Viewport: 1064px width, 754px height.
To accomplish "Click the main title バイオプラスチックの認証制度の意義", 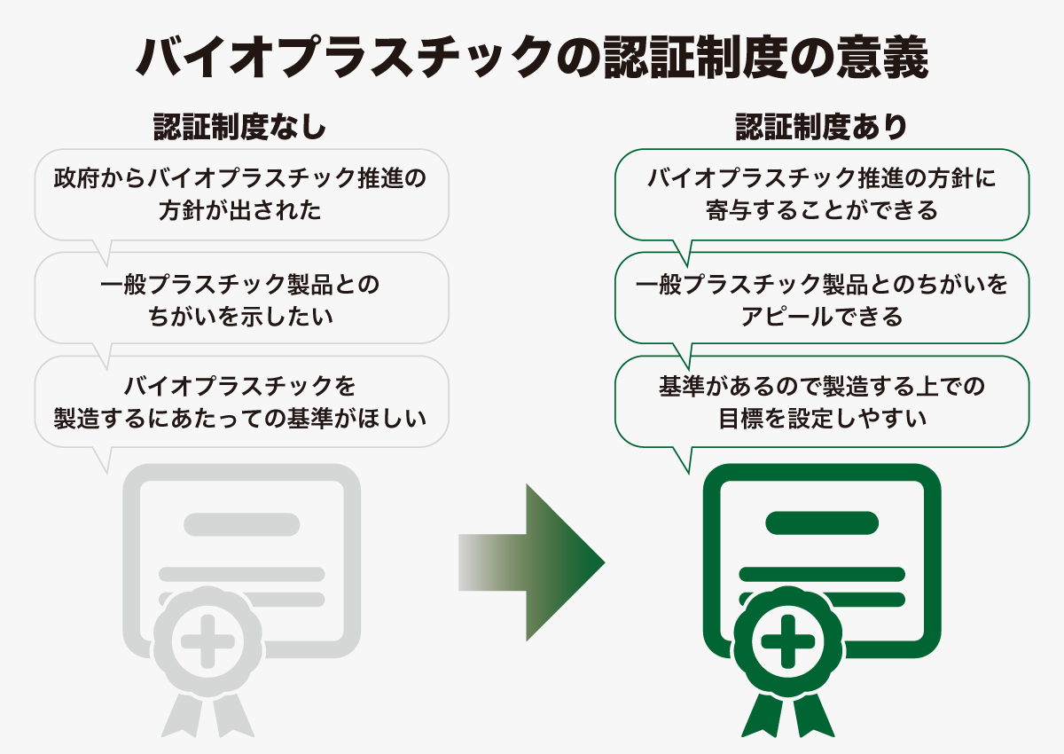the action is pos(532,57).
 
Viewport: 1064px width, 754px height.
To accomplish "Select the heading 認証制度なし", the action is pos(240,127).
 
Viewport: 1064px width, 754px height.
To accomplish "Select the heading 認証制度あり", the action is pos(822,127).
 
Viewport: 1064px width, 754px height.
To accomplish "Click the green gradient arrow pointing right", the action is pos(532,562).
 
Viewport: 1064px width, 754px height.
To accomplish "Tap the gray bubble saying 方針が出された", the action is pos(242,195).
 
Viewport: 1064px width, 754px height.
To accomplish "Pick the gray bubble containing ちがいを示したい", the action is pos(242,298).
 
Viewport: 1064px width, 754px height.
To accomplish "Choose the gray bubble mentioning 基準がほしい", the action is pos(242,402).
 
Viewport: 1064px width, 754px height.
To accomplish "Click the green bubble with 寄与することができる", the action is pos(822,195).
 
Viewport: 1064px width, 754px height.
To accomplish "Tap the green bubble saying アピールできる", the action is pos(822,298).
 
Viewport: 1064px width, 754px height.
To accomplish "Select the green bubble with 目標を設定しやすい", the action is pos(822,402).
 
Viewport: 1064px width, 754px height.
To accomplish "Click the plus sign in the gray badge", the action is pos(208,641).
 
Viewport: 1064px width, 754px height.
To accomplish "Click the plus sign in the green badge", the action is pos(788,641).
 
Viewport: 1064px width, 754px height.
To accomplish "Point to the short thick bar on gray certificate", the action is pos(242,524).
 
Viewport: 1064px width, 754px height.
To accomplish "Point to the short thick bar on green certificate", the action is pos(822,523).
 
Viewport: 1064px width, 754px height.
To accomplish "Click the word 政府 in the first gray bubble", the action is pos(76,178).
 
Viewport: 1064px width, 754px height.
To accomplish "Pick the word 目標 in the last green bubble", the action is pos(741,419).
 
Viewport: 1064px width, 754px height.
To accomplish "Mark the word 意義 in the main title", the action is pos(882,58).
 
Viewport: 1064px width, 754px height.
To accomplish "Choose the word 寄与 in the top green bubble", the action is pos(729,210).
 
